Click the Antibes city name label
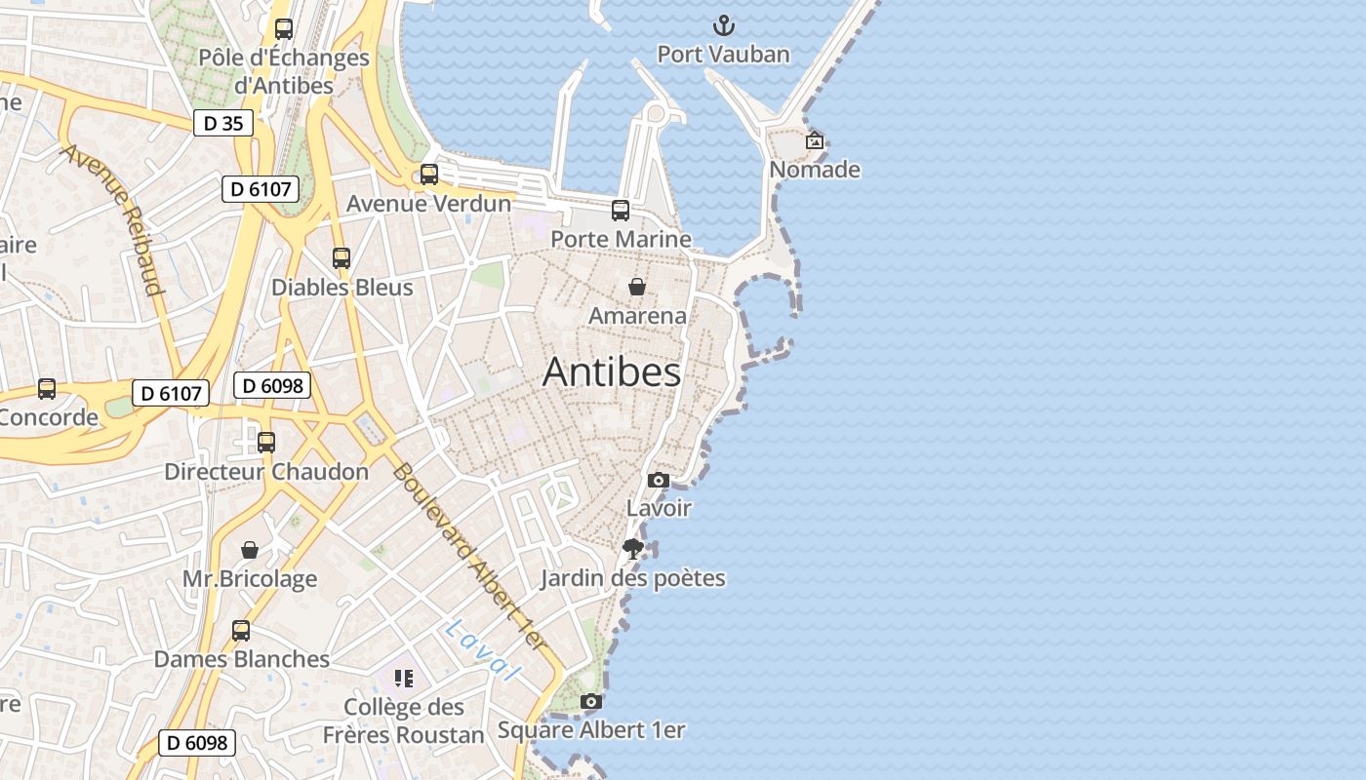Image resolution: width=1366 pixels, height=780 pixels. coord(612,371)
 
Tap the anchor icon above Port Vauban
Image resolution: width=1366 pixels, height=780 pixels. coord(724,25)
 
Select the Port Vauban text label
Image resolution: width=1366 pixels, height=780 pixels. coord(723,54)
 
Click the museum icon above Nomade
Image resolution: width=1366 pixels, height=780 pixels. coord(815,141)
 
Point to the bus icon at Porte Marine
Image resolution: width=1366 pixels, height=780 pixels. coord(621,211)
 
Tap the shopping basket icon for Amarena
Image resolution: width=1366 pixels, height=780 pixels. coord(637,287)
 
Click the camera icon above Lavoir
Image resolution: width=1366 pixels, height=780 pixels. coord(659,480)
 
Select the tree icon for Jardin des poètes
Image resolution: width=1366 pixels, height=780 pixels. coord(633,549)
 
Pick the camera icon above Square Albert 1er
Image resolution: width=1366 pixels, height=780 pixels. coord(591,701)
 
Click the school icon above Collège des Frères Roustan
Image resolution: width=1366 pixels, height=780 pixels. coord(404,678)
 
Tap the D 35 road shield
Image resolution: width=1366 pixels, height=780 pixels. coord(223,123)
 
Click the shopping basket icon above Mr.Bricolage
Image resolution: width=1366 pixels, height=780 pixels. coord(250,550)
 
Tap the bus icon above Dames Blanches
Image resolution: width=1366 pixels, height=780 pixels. coord(241,631)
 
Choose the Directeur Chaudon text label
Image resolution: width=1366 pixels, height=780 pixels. coord(266,472)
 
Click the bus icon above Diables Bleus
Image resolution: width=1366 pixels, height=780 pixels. coord(341,258)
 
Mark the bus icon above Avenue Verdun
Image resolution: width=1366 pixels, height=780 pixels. coord(429,175)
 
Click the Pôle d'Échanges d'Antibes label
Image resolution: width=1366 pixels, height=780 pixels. coord(284,71)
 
